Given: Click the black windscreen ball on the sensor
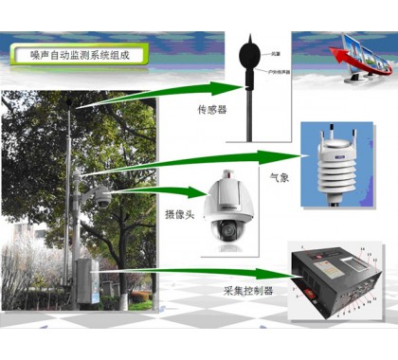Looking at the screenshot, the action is [x=250, y=47].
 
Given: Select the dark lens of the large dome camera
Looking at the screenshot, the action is [x=227, y=230].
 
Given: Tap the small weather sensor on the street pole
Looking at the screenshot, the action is [x=76, y=173].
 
